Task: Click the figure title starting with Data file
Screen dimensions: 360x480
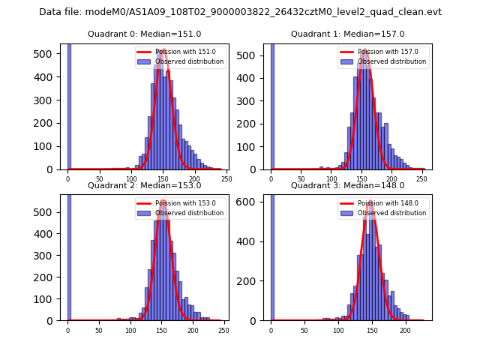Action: (240, 12)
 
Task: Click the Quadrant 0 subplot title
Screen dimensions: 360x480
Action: (144, 34)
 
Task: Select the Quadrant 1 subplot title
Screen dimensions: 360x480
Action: (347, 34)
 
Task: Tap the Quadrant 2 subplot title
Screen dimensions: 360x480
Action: (144, 186)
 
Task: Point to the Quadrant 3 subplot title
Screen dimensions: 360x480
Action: (347, 186)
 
